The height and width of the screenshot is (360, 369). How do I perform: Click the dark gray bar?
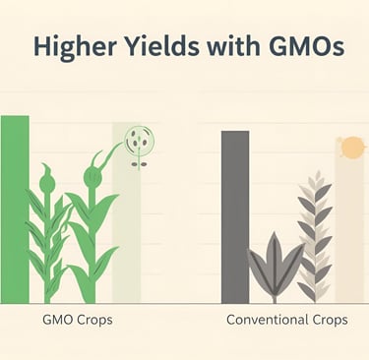click(x=235, y=216)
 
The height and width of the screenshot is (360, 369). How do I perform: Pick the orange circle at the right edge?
click(x=351, y=148)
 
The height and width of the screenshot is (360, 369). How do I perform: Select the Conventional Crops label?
click(x=286, y=322)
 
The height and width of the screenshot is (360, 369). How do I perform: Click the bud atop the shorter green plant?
click(x=46, y=183)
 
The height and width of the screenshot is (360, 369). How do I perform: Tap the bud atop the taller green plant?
click(x=92, y=177)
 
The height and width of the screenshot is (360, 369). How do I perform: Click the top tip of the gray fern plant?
click(x=315, y=175)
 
